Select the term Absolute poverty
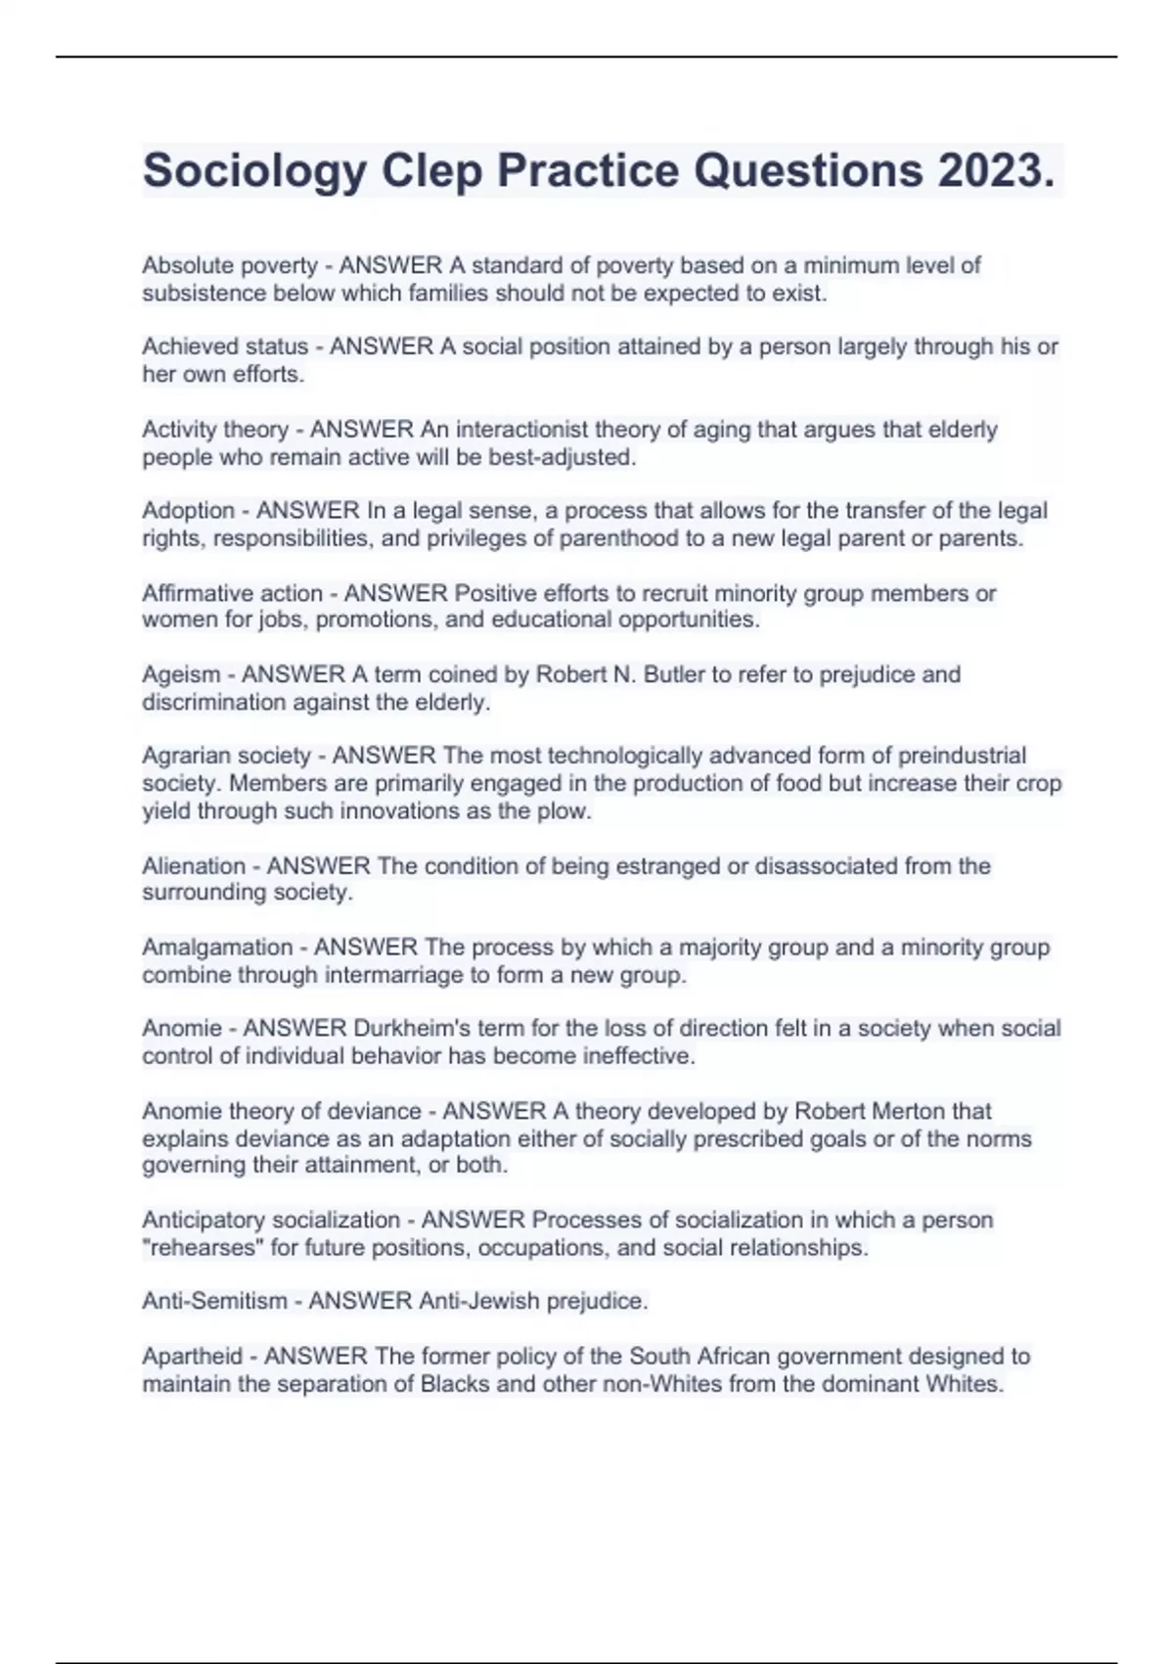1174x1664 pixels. (230, 265)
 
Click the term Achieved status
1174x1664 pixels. (225, 347)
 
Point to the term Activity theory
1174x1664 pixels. (214, 430)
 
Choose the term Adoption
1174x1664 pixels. (188, 511)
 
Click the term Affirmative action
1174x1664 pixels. (232, 593)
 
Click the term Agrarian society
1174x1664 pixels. (226, 756)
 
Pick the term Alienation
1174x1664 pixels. (194, 866)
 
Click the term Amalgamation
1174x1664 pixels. (217, 948)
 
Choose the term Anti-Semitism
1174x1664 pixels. (214, 1302)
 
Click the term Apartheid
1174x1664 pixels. (192, 1357)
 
